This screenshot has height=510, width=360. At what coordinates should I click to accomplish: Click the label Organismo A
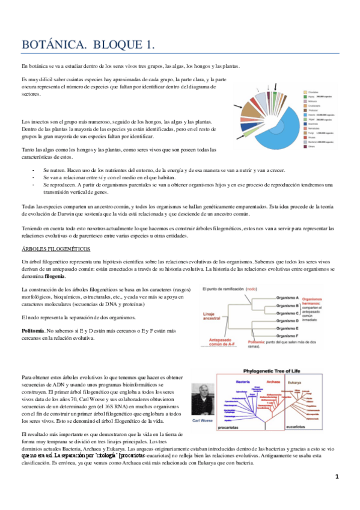[x=287, y=298]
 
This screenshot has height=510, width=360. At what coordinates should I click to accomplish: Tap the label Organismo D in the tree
[x=287, y=321]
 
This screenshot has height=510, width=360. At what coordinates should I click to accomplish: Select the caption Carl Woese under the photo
[x=207, y=422]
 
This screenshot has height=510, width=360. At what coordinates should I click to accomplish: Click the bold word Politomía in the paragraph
[x=32, y=331]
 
